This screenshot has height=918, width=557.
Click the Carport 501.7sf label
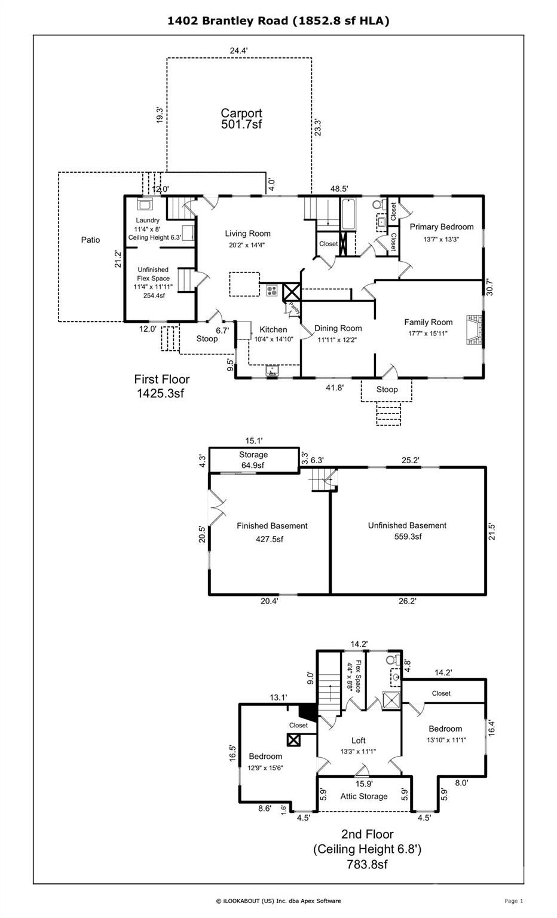[x=241, y=118]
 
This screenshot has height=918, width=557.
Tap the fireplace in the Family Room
[x=473, y=329]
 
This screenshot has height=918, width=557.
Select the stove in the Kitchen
[x=272, y=291]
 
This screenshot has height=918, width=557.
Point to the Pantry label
[x=293, y=307]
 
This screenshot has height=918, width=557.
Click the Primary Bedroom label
[x=441, y=227]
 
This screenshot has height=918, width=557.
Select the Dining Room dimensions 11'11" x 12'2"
[x=338, y=339]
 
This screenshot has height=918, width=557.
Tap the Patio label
[x=90, y=240]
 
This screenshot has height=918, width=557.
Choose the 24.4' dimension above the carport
[x=238, y=51]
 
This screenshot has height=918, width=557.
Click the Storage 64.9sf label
[x=253, y=460]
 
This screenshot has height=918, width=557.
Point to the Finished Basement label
[x=272, y=526]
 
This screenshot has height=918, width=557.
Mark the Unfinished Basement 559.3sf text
[x=407, y=531]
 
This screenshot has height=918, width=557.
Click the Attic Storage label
[x=364, y=796]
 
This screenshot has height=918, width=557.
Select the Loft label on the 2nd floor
[x=358, y=740]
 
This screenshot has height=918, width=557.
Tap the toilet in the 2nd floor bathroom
[x=392, y=660]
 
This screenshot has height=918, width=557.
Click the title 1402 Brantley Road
[x=278, y=21]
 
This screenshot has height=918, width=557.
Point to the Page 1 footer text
[x=513, y=901]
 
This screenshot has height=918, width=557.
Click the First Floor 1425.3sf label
[x=161, y=385]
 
